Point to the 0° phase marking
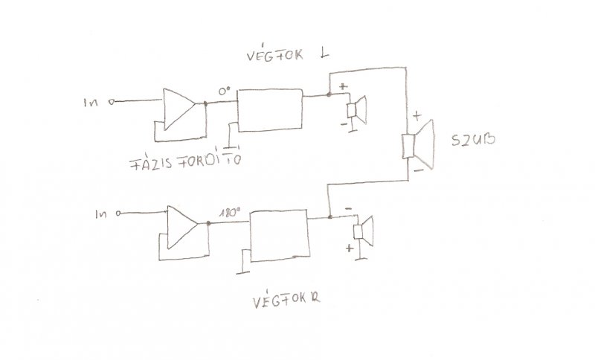pos(224,91)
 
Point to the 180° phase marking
pos(228,211)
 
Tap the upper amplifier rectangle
pos(268,111)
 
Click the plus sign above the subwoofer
pos(416,116)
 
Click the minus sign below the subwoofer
pos(418,171)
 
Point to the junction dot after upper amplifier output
pos(328,95)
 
